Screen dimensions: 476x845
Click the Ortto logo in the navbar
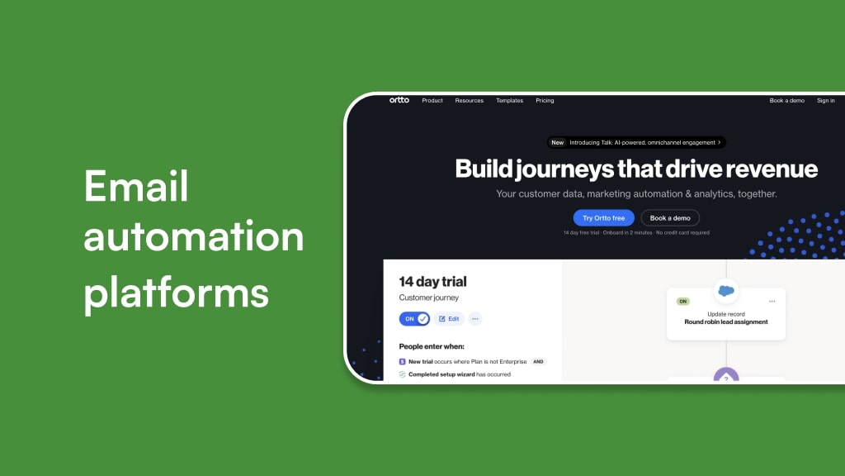399,100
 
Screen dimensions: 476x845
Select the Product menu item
432,101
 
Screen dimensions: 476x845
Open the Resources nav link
469,101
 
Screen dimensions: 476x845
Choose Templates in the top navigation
509,101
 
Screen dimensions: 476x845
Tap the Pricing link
545,101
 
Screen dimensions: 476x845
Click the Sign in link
825,101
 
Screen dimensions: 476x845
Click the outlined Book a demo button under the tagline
670,218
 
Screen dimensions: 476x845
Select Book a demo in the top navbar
786,101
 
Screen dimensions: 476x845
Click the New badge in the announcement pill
558,142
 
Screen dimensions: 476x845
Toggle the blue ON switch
414,318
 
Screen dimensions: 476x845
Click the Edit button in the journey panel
449,318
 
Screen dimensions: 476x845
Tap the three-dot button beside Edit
474,318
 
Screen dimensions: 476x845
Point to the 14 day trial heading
432,282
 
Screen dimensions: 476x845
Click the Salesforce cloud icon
726,291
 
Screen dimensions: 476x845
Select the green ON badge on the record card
682,302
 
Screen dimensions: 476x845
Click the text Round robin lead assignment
726,322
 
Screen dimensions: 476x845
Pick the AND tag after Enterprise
538,362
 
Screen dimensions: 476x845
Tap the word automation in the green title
193,238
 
